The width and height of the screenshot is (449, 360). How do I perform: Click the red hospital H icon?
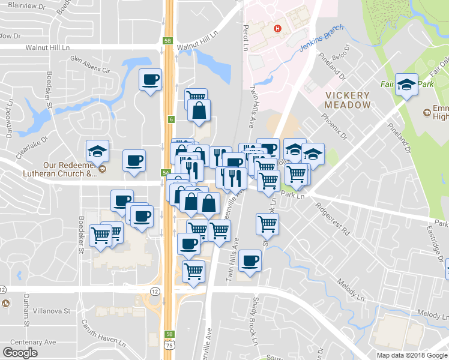pos(277,28)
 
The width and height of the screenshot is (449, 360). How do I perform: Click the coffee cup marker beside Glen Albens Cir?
pos(150,79)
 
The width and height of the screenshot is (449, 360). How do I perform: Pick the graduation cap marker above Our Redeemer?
pos(97,151)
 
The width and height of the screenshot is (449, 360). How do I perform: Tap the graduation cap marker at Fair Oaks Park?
pos(407,85)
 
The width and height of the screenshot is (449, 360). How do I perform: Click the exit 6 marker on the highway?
pos(171,119)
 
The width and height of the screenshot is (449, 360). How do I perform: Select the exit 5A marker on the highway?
pos(164,173)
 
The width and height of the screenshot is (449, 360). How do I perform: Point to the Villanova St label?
pos(51,311)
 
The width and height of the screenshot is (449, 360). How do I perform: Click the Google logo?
pos(20,353)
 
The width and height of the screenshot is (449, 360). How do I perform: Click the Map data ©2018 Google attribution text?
pos(411,355)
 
